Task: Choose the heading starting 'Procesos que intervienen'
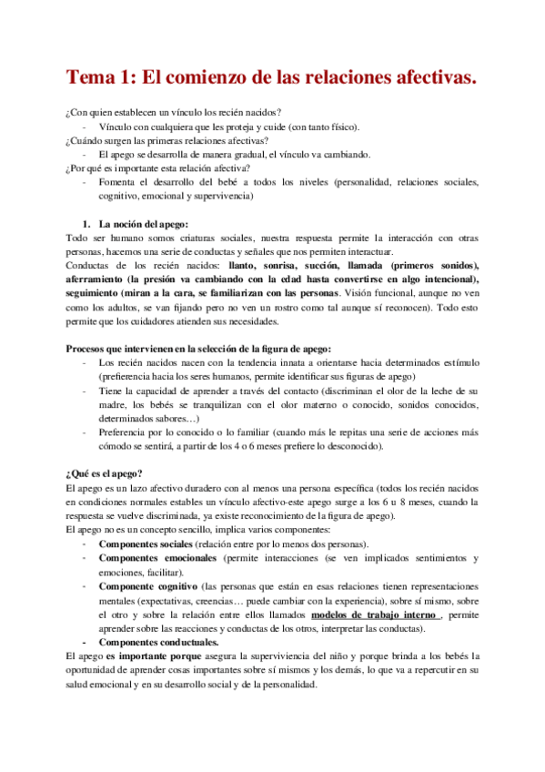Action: click(x=199, y=349)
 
